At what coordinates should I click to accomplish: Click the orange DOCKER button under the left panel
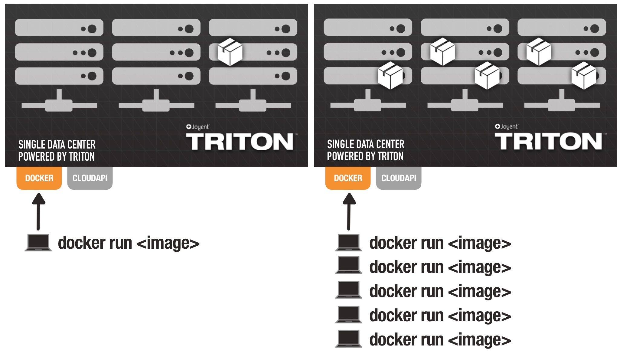point(39,178)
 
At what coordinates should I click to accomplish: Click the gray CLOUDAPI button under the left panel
point(90,178)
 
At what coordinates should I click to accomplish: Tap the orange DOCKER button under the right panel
point(348,178)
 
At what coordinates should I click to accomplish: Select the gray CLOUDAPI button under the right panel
point(399,178)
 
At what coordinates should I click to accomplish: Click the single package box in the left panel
point(230,52)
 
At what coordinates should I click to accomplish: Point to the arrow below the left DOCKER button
point(38,211)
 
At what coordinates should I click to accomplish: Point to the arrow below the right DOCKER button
point(349,211)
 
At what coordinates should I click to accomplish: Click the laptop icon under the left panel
point(38,243)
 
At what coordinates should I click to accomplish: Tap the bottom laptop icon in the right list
point(349,339)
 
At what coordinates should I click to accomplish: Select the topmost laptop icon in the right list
point(349,243)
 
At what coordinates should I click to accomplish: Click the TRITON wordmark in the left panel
point(240,142)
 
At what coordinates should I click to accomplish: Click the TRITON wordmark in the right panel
point(548,141)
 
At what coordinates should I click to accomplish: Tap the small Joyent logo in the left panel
point(197,127)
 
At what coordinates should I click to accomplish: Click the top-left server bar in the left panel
point(59,28)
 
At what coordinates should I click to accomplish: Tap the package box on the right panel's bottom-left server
point(390,76)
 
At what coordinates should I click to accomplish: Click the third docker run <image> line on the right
point(440,291)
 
